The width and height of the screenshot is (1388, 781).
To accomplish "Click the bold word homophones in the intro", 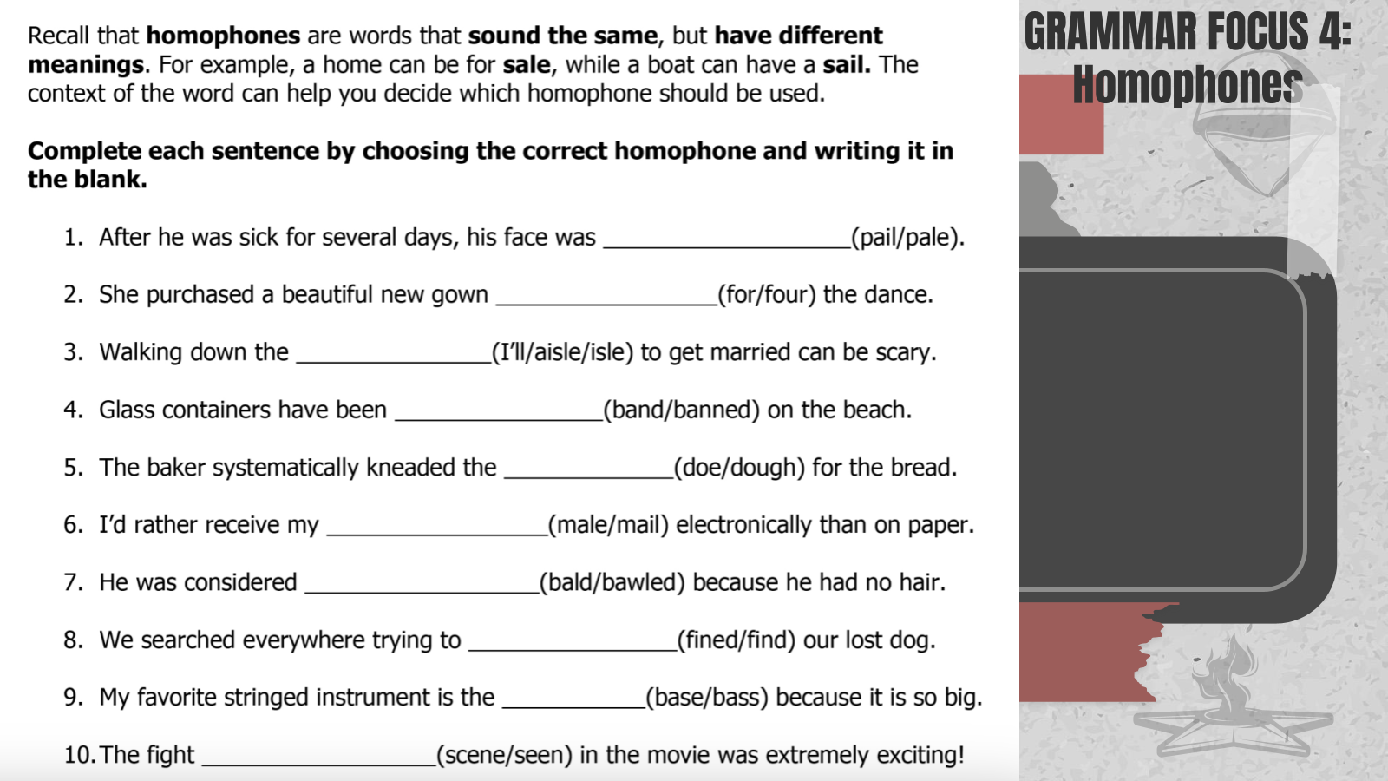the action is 223,36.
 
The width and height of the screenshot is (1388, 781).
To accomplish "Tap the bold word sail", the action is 847,64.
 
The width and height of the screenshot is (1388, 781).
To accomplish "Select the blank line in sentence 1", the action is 728,247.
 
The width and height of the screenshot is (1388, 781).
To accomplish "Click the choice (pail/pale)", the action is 907,238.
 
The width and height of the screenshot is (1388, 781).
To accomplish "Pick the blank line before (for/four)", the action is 607,305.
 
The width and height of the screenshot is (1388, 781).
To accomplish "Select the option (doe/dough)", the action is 739,468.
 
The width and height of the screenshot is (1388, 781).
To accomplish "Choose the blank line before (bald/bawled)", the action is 422,593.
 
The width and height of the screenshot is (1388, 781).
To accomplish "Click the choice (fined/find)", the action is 737,640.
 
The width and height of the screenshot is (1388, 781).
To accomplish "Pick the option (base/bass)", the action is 707,698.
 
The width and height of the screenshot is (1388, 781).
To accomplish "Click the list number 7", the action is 73,582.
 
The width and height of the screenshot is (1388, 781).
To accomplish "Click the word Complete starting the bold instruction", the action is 84,152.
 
